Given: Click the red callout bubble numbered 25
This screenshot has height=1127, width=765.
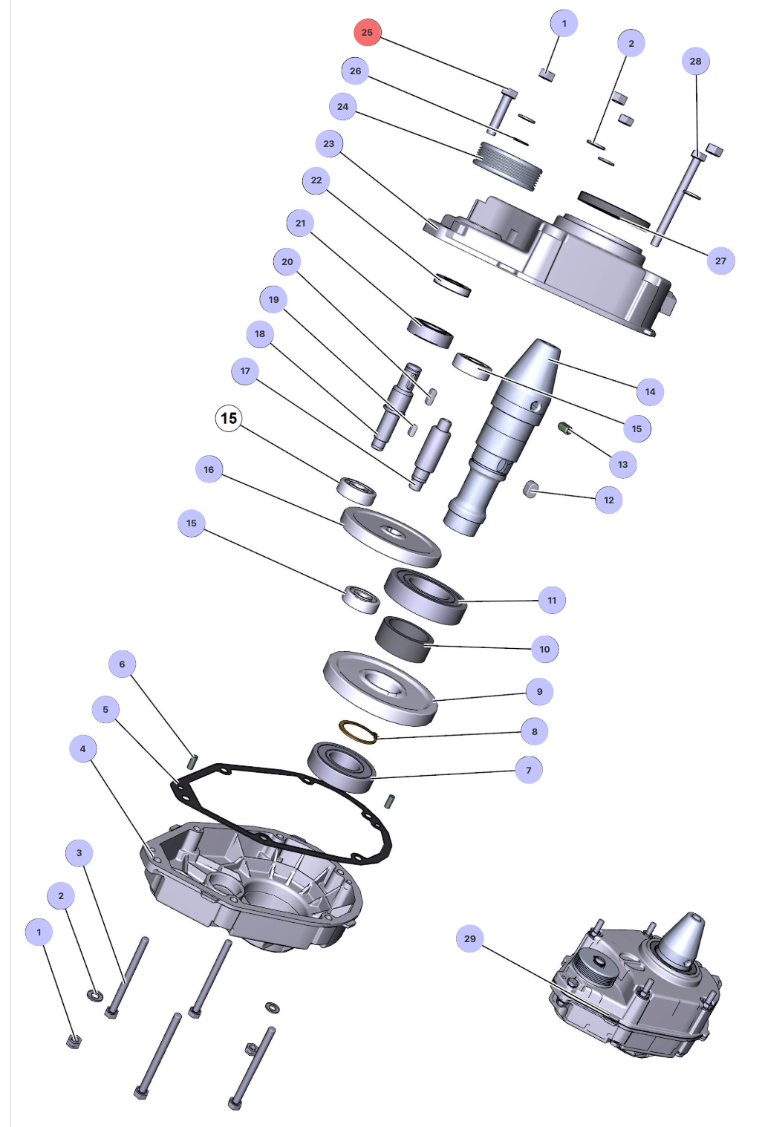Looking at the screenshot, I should (367, 33).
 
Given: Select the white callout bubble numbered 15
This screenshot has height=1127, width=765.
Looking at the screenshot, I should (229, 419).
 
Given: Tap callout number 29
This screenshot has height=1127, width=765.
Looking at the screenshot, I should (470, 938).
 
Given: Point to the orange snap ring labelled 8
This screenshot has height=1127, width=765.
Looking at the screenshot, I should (358, 732).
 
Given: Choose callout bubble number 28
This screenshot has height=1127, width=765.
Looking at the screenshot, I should (695, 61).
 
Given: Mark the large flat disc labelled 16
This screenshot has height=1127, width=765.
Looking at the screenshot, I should (391, 536).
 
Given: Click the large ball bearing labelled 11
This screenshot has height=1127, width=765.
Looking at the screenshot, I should (426, 595).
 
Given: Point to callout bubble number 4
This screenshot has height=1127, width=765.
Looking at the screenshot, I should (82, 748).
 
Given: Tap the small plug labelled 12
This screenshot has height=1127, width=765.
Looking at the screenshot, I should (530, 489).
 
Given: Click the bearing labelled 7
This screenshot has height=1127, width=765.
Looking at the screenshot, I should (341, 767).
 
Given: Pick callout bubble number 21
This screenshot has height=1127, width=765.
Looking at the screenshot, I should (300, 223).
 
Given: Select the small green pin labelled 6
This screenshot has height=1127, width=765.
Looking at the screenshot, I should (192, 761).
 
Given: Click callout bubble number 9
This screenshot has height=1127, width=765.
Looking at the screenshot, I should (539, 691).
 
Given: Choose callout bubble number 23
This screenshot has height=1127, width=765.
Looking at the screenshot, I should (329, 143).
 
